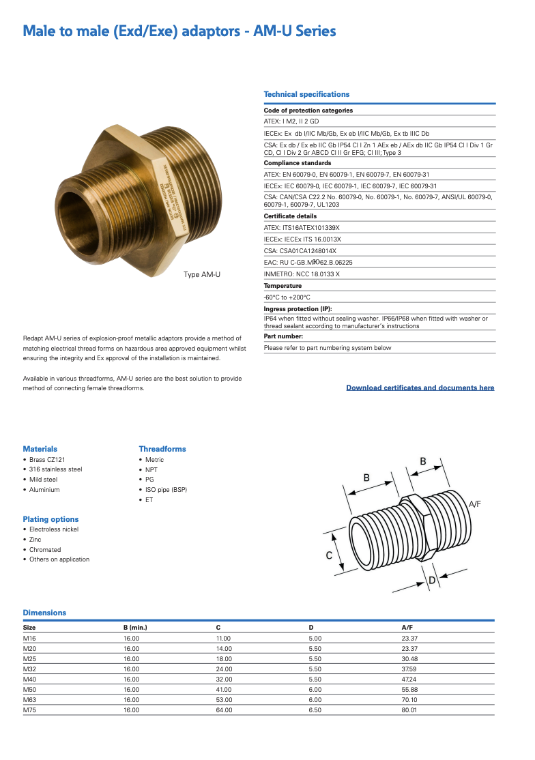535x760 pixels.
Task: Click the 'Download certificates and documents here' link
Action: click(x=420, y=388)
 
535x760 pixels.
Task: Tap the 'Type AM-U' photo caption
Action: click(x=202, y=274)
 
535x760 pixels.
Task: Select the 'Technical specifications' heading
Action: click(x=306, y=94)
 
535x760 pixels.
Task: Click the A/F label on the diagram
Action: click(x=475, y=503)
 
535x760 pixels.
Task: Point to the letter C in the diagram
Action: click(x=329, y=556)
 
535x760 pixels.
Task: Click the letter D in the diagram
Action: click(x=432, y=581)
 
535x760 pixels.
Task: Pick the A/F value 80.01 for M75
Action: click(x=409, y=710)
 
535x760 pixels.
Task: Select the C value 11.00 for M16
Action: click(x=223, y=639)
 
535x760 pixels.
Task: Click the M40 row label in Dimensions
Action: click(x=29, y=679)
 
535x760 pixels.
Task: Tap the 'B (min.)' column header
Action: click(x=135, y=627)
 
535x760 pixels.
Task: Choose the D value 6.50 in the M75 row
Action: click(x=315, y=710)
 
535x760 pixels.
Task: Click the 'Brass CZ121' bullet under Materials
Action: click(x=47, y=460)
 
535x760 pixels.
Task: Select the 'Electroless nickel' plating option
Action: click(x=54, y=529)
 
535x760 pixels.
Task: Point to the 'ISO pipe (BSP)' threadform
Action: click(x=166, y=490)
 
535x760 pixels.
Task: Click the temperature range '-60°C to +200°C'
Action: click(x=287, y=297)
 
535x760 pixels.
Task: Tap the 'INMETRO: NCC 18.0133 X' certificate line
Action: click(x=302, y=274)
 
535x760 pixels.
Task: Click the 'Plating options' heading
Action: click(x=50, y=519)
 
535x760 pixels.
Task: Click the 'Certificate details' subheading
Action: click(x=290, y=216)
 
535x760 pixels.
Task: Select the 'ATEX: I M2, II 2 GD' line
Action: click(x=291, y=121)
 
